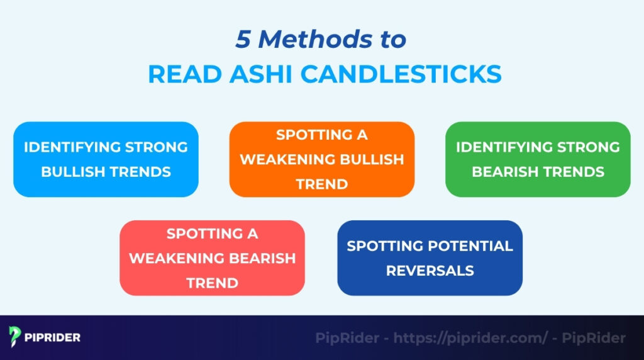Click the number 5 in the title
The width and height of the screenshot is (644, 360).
243,40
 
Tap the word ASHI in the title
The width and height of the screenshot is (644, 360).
260,74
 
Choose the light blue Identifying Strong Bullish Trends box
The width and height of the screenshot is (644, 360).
106,159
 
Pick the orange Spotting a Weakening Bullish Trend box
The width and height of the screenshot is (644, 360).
321,159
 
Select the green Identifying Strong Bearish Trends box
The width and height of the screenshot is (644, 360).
538,159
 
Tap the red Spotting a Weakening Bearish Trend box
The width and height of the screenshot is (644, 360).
212,257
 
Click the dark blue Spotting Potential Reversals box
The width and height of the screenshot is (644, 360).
430,257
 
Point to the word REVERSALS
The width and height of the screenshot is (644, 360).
430,271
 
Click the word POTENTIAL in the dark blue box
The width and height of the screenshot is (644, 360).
470,245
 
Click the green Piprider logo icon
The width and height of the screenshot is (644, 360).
16,337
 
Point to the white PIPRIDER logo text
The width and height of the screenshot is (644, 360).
53,337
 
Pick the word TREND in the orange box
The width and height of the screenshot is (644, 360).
321,184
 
